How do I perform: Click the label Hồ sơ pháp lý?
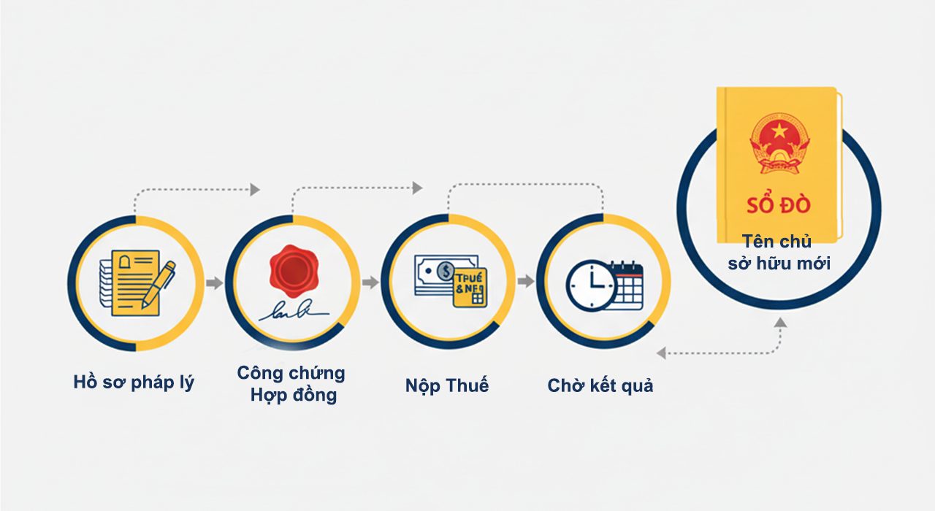pos(134,383)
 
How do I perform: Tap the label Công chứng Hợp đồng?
pos(291,384)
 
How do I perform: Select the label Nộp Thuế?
pos(447,385)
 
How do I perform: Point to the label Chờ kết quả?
pos(600,385)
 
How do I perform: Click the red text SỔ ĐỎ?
pos(778,204)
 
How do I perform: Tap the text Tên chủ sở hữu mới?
pos(778,252)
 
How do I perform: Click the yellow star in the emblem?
pos(779,131)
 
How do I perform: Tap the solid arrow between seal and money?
pos(371,283)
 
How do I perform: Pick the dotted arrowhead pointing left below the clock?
pos(661,353)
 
